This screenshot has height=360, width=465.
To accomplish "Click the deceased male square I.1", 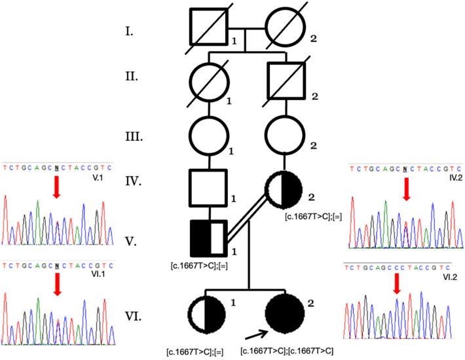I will pos(208,29).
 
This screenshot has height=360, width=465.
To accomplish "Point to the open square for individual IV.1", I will pos(208,187).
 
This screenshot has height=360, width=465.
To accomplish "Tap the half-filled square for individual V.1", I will pos(208,240).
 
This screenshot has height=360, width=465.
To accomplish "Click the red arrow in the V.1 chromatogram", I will pos(56,189).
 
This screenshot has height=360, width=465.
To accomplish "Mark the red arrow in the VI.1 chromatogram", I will pos(56,283).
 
